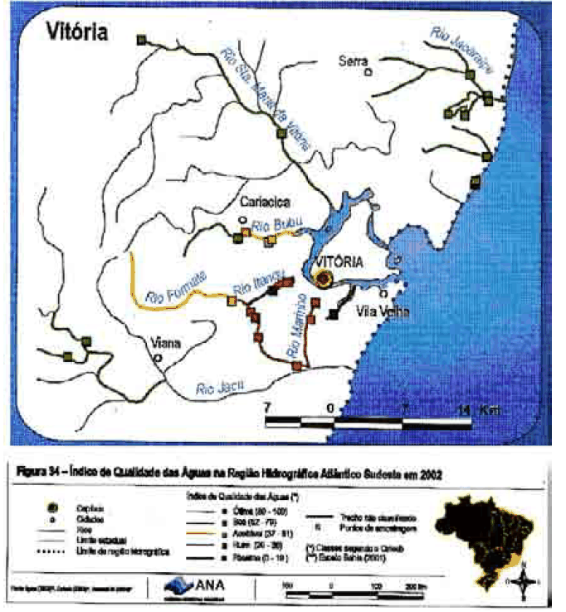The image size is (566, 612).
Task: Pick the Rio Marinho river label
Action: [300, 331]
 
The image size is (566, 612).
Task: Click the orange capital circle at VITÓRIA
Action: [324, 279]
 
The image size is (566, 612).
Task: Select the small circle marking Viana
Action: [157, 357]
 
